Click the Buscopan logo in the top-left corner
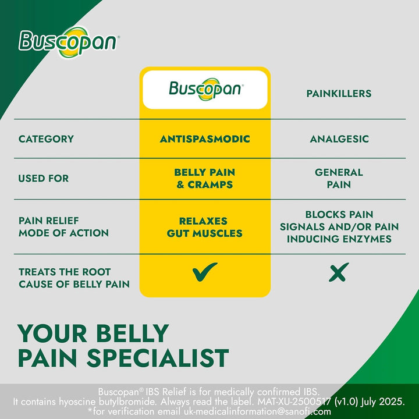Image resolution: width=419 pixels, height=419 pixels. click(69, 42)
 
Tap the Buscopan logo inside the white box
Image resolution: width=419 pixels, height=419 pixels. click(205, 89)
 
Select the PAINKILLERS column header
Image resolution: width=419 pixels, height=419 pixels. click(338, 93)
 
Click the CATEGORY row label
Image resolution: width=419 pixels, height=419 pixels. click(46, 139)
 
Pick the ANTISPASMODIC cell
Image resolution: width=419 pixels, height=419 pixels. click(205, 139)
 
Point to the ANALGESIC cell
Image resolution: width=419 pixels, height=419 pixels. click(339, 139)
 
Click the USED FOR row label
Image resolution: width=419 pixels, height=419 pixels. click(43, 178)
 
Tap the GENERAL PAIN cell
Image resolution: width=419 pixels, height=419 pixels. click(339, 178)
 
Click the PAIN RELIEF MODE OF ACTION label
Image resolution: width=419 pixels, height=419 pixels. click(63, 227)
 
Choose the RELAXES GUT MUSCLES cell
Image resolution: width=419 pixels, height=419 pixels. click(203, 227)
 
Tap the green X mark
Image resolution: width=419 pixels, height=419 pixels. click(339, 271)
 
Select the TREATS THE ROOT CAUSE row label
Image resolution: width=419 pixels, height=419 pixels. click(74, 278)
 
